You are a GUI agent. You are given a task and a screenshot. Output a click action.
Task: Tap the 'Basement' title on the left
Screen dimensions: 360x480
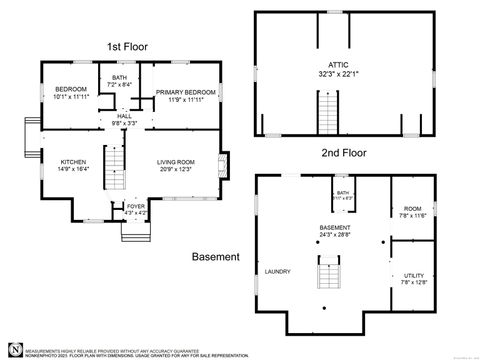click(215, 256)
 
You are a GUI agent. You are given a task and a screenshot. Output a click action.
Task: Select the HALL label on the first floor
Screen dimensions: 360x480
click(124, 116)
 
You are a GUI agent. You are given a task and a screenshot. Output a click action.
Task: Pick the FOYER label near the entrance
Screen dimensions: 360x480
click(135, 207)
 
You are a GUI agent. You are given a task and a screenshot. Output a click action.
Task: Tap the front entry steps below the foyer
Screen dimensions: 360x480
click(134, 231)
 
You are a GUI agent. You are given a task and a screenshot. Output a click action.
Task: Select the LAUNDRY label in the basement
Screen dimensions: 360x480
click(277, 271)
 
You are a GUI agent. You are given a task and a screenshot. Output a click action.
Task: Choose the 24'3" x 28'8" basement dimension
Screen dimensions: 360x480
click(335, 234)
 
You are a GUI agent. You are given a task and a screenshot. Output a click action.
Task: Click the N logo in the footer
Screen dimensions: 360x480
click(14, 346)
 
